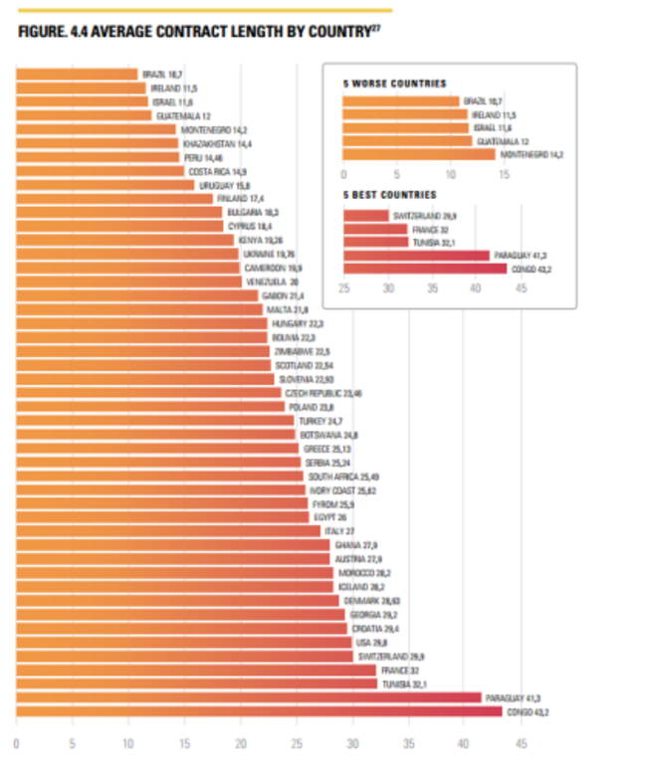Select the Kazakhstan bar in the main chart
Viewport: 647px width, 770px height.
[97, 143]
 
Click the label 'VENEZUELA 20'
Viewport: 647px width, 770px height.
[272, 283]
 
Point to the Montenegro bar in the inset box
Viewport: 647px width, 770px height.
[418, 154]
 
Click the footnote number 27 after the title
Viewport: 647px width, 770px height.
[377, 26]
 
